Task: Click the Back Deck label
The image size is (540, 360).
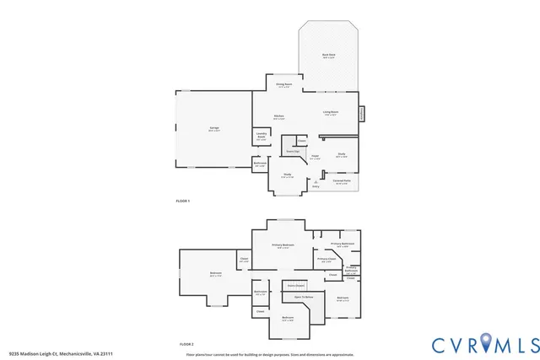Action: coord(328,56)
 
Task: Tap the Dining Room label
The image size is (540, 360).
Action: coord(283,85)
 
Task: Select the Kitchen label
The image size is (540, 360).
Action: coord(278,117)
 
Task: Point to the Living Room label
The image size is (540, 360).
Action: coord(330,113)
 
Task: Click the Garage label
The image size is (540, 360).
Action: coord(214,128)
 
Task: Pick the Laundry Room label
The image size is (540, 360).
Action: coord(261,137)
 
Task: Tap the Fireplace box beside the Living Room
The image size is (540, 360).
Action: coord(361,112)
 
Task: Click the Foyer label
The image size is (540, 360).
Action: coord(314,156)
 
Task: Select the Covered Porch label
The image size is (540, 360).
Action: coord(342,181)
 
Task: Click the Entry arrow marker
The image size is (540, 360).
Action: coord(315,182)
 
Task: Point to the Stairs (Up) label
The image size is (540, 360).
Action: coord(290,151)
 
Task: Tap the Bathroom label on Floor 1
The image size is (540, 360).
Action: coord(260,164)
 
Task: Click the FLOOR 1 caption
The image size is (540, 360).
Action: coord(183,201)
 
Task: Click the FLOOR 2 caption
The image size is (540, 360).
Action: coord(186,345)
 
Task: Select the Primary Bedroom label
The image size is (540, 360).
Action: coord(283,246)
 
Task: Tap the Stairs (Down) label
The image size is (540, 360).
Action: coord(295,286)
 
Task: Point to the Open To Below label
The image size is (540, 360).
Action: coord(303,297)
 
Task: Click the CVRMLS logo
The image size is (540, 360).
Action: coord(485,344)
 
